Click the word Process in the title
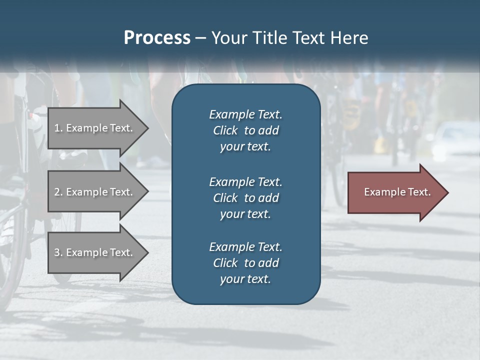[x=157, y=38]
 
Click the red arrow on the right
[x=395, y=192]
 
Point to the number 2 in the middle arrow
[x=57, y=192]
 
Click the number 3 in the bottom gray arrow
[x=57, y=252]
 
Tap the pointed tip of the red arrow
[x=447, y=192]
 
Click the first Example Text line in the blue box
[x=245, y=114]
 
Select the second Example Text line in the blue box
[x=245, y=182]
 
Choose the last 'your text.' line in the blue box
[x=245, y=279]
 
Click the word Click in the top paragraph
[x=225, y=131]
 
